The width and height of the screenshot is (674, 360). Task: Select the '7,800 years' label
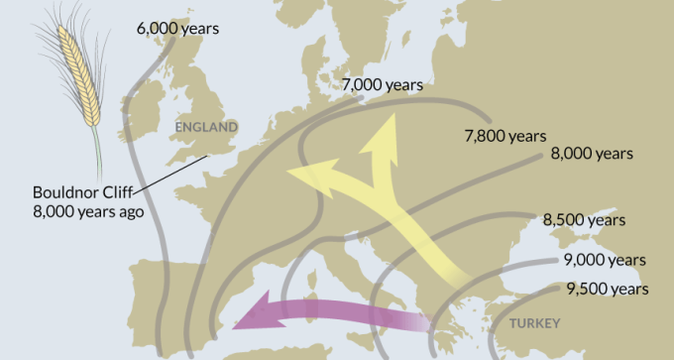pos(505,136)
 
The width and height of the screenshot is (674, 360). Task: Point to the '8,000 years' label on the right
pos(591,154)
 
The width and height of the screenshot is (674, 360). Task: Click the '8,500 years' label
pos(585,220)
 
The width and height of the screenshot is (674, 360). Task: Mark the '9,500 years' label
pos(608,290)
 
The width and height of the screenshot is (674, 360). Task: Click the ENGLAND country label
pos(206,127)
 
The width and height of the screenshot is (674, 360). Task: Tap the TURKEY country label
pos(533,323)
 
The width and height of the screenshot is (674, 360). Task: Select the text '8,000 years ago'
pos(87,211)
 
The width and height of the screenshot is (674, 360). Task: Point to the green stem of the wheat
pos(96,149)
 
